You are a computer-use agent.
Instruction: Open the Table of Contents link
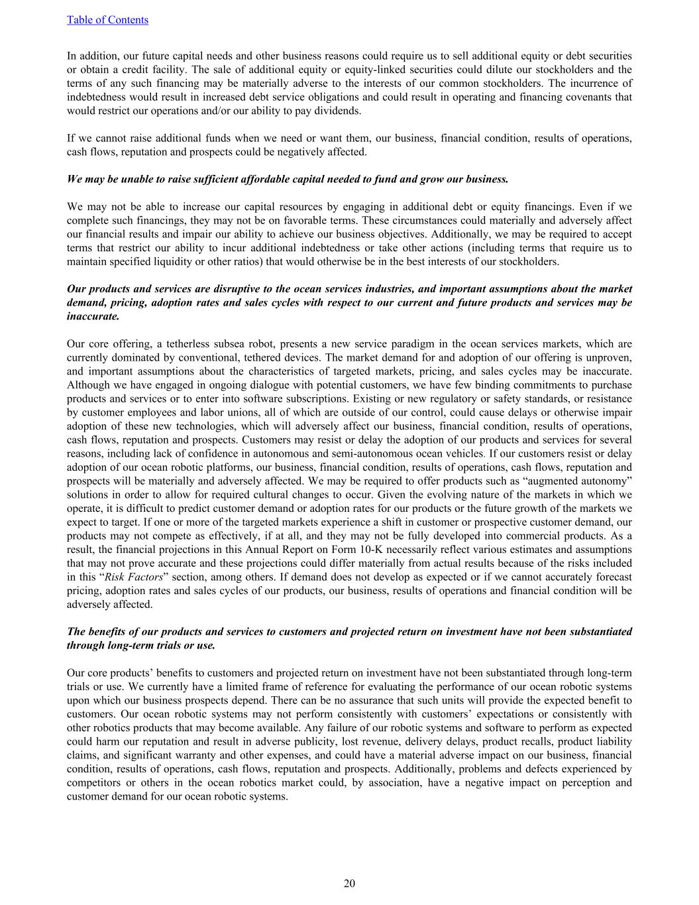107,20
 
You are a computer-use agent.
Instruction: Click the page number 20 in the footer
349,883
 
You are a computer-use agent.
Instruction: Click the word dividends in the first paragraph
339,111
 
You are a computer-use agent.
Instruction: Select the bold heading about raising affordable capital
288,179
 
